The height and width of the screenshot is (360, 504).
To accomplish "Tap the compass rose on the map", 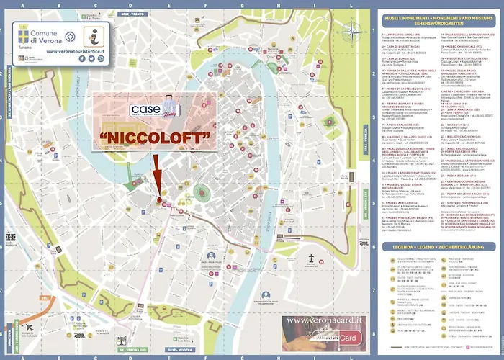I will coord(351,30).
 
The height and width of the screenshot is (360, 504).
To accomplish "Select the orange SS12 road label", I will coord(45,297).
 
